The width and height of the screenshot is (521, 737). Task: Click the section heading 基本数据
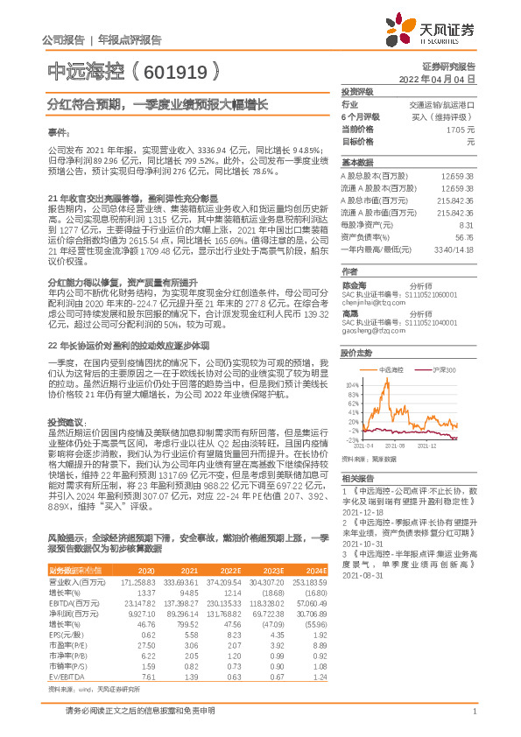point(357,163)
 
